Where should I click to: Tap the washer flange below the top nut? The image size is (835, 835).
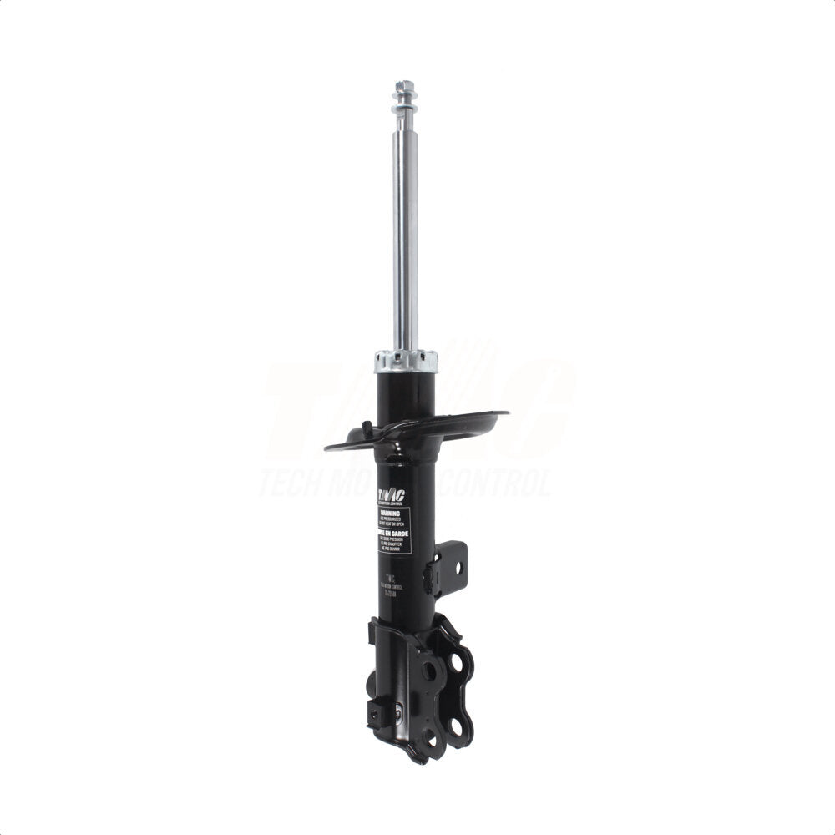405,104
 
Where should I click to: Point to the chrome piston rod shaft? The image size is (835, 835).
406,234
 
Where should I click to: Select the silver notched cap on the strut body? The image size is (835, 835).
406,361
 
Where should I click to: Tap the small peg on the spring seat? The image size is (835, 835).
365,428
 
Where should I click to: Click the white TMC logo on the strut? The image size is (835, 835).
390,496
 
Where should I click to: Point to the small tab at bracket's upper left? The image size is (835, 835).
371,631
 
